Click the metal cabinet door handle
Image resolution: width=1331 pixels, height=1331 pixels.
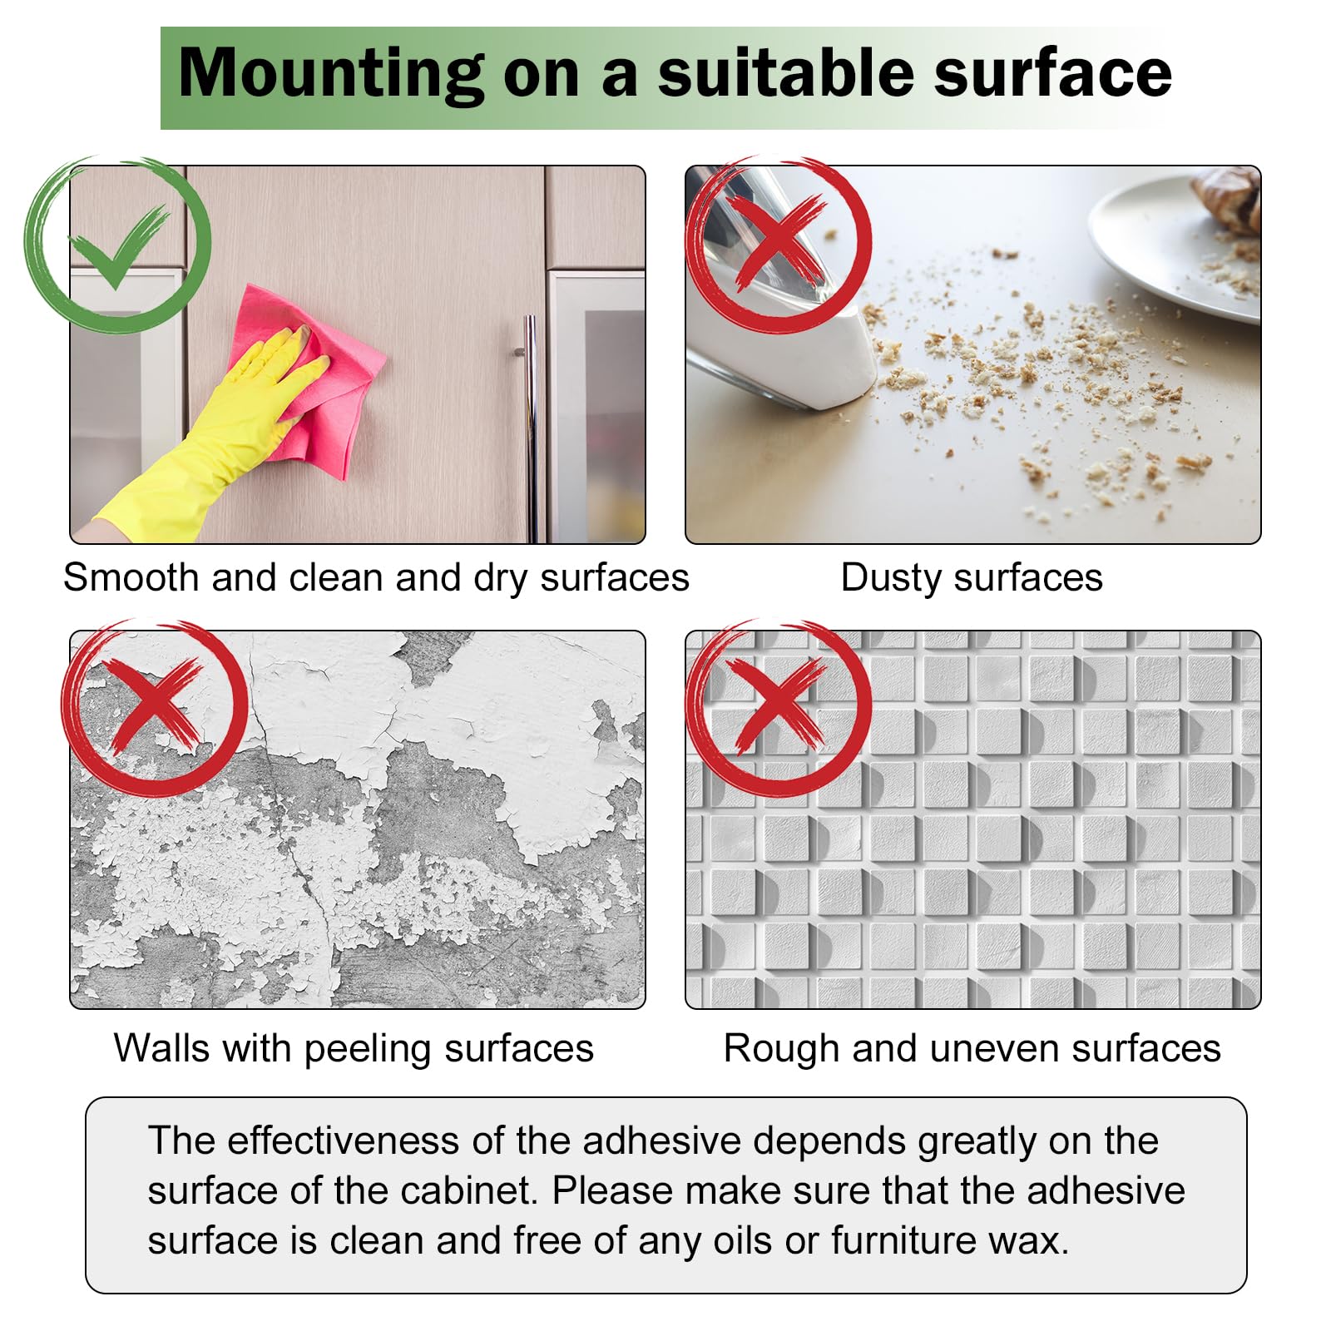tap(530, 428)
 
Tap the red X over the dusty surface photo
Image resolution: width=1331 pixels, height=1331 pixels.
tap(779, 241)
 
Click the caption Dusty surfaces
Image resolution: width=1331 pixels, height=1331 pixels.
tap(972, 578)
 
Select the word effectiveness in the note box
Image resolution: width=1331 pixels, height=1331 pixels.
tap(343, 1141)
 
